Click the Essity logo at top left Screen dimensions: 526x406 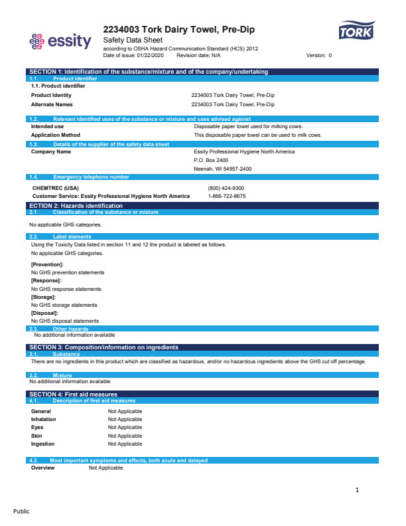[60, 41]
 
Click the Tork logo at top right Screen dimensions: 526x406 [356, 32]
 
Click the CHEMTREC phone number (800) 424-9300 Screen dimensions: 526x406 [226, 188]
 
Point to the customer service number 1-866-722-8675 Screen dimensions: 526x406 [227, 196]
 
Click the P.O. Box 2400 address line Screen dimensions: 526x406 [211, 160]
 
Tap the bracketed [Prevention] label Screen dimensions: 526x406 [47, 264]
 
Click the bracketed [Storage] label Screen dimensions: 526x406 [44, 297]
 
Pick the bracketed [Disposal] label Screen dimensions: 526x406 [44, 313]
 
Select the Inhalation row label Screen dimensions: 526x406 [44, 419]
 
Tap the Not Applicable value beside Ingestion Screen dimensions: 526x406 [125, 444]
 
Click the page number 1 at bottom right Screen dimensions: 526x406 [357, 490]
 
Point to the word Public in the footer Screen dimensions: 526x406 [22, 511]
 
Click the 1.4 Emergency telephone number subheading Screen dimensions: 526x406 [91, 177]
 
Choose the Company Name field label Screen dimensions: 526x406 [51, 151]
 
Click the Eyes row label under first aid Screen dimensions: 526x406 [37, 427]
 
